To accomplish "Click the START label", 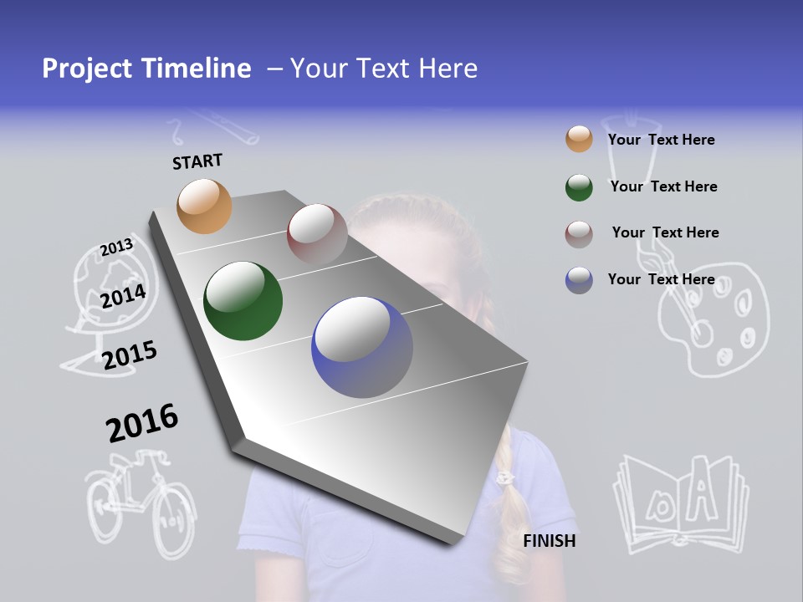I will click(197, 161).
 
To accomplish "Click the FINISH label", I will click(550, 541).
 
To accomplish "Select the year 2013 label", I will click(117, 247).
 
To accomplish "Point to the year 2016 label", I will click(142, 423).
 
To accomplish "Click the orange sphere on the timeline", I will click(205, 206).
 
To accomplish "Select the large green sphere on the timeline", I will click(243, 302).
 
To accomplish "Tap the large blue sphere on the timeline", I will click(362, 348).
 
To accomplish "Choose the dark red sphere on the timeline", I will click(317, 234).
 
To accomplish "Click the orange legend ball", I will click(579, 140).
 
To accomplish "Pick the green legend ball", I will click(579, 187).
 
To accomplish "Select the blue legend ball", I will click(579, 280).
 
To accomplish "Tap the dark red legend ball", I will click(579, 234).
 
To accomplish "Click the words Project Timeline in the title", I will click(146, 69).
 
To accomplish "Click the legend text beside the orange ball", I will click(661, 140).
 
